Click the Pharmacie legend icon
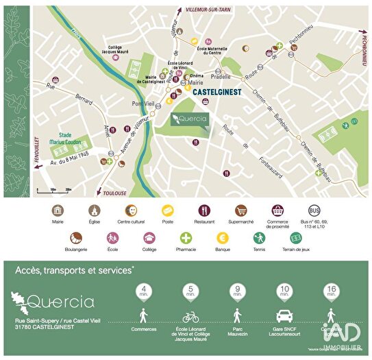(186, 238)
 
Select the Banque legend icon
(223, 238)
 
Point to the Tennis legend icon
(259, 238)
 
